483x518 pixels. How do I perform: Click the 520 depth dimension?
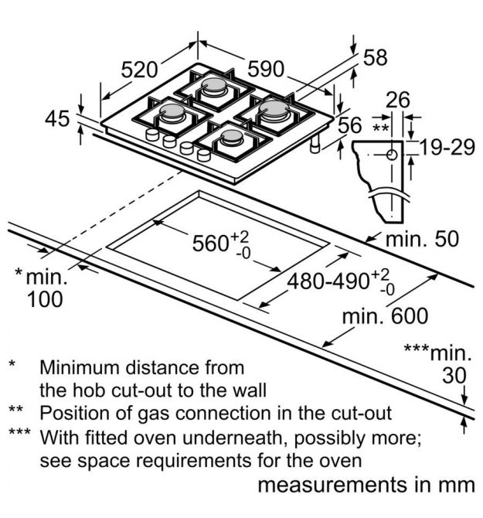[x=139, y=70]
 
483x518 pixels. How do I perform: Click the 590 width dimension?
[x=266, y=69]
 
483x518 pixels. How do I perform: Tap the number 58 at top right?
[x=375, y=57]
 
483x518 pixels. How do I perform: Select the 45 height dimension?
[x=57, y=118]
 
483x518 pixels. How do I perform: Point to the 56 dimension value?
[x=350, y=125]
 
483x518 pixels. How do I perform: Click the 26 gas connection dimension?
[x=398, y=100]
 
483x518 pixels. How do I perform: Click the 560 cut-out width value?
[x=209, y=244]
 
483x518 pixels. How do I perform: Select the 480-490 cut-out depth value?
[x=328, y=282]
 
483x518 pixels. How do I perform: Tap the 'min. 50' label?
[x=422, y=239]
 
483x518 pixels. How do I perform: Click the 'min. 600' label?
[x=386, y=316]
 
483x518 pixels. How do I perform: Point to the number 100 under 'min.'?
[x=45, y=299]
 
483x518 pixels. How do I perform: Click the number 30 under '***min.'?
[x=454, y=376]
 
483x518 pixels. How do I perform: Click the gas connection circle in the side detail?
[x=392, y=155]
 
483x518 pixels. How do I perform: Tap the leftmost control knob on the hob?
[x=152, y=135]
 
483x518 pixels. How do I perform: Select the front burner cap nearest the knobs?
[x=232, y=135]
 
